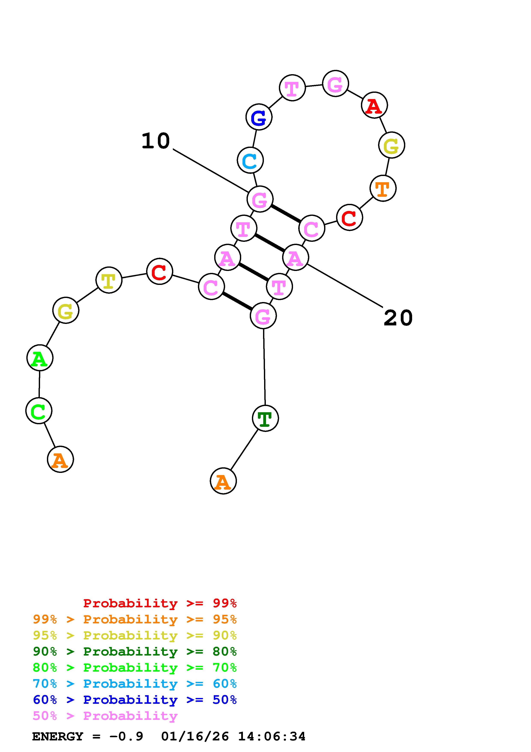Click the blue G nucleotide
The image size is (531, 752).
tap(259, 117)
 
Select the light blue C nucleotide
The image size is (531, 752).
tap(250, 160)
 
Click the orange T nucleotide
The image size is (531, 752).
tap(383, 188)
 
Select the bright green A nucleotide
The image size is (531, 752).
tap(40, 358)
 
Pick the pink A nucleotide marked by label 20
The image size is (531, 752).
tap(295, 257)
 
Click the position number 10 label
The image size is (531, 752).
tap(156, 141)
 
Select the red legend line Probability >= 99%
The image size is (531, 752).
tap(160, 603)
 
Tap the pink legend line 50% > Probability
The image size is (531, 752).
tap(105, 716)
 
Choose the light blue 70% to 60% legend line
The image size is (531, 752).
tap(135, 684)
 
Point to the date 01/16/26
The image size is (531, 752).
tap(195, 737)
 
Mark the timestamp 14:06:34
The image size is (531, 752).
tap(272, 737)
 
